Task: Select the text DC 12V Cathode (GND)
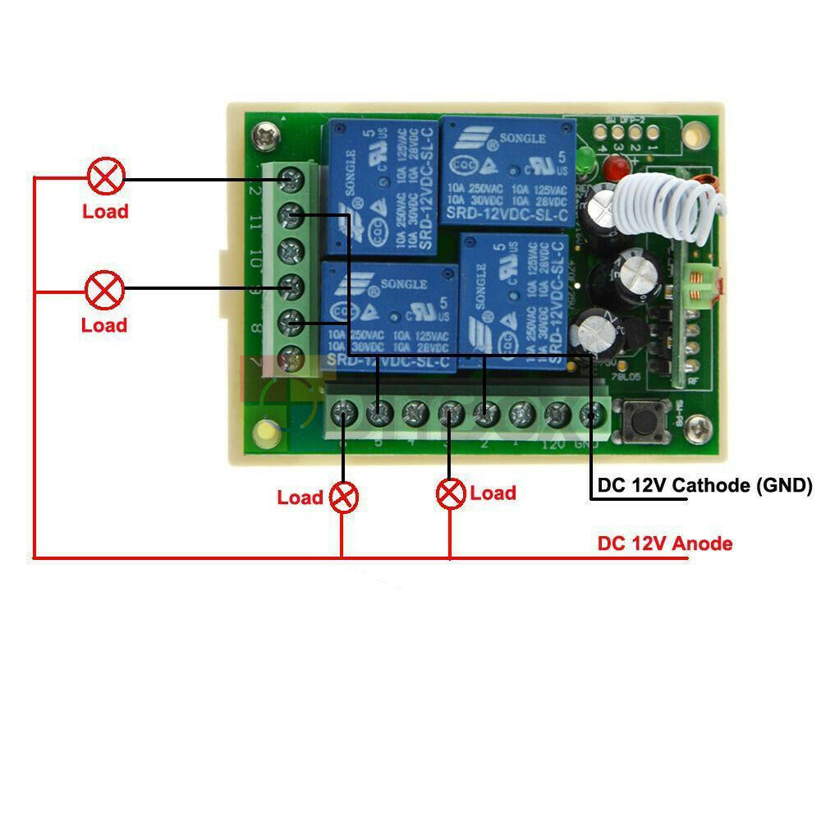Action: (x=704, y=485)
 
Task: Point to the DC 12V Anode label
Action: (x=665, y=544)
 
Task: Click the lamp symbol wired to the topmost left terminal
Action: (x=107, y=177)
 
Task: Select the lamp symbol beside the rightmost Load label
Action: (x=450, y=493)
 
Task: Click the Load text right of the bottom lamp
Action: (x=493, y=493)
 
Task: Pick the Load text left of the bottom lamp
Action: (x=300, y=498)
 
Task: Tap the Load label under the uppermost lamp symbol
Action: (x=105, y=212)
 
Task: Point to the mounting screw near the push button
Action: (x=698, y=425)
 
